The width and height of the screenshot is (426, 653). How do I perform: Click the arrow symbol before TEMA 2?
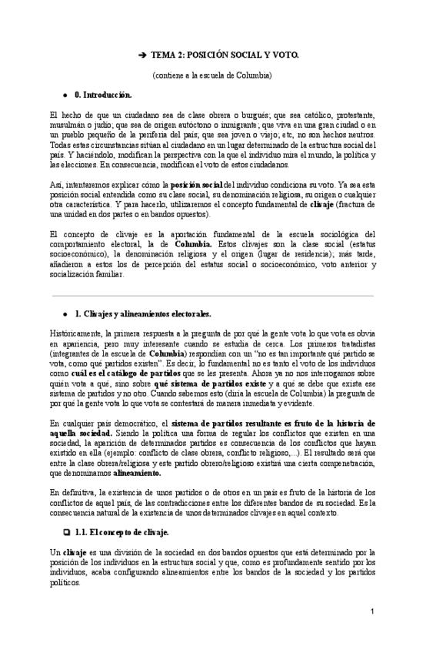coord(142,55)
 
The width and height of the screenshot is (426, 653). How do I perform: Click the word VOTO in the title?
coord(271,55)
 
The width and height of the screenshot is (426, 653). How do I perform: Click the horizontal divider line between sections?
coord(213,295)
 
